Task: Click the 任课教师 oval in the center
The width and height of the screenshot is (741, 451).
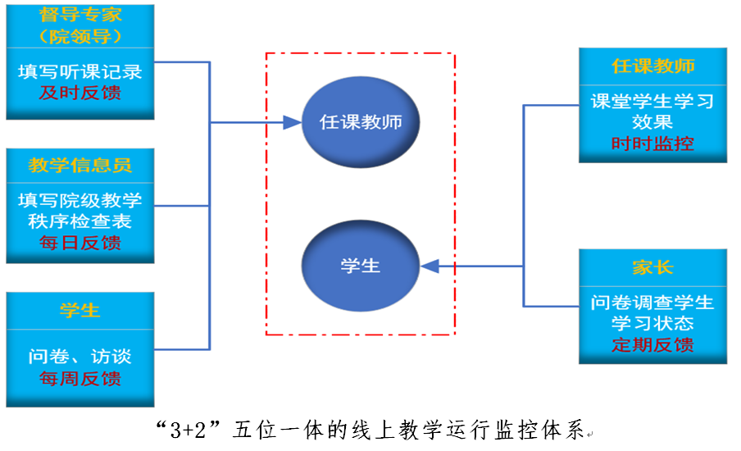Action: (361, 122)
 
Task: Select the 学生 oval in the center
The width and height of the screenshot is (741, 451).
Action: (361, 266)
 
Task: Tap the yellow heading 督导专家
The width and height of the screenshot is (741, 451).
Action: (80, 15)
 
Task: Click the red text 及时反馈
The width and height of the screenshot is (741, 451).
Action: (80, 93)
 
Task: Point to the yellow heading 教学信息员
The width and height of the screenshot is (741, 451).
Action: (80, 166)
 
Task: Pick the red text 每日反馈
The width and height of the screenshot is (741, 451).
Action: (80, 243)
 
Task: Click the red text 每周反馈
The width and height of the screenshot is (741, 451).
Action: (80, 379)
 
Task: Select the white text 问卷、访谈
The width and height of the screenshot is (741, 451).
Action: (80, 358)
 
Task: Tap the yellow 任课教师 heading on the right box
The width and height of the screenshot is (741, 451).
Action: (652, 66)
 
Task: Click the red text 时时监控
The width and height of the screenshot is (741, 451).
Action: (652, 143)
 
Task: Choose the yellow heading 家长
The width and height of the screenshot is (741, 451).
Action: (652, 268)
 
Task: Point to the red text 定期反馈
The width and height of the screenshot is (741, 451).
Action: (652, 344)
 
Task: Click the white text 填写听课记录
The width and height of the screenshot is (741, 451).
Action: (80, 71)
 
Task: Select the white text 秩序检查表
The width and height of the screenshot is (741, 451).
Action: (80, 221)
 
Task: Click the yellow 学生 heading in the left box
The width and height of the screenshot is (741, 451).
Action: (80, 310)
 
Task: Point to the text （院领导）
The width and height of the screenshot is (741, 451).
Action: (80, 37)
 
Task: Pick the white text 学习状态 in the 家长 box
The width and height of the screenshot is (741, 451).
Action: (652, 323)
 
